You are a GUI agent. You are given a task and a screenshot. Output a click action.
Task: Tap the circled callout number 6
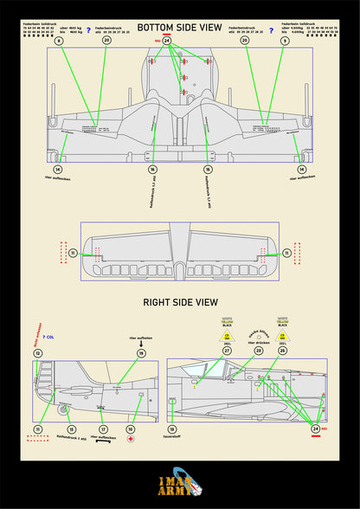(x=58, y=40)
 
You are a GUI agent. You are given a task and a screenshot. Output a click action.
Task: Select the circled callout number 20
(x=106, y=40)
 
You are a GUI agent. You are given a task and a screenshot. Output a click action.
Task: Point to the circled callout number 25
(x=245, y=40)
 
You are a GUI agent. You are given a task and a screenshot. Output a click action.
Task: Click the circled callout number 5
(x=309, y=40)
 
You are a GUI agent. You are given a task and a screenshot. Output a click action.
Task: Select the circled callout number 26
(x=282, y=351)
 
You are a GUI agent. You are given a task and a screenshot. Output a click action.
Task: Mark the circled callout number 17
(x=103, y=428)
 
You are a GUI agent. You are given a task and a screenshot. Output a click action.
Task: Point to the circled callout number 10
(x=131, y=428)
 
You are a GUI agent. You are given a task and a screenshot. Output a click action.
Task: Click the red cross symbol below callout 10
(x=131, y=441)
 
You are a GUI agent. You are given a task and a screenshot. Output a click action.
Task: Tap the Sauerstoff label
(x=172, y=439)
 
